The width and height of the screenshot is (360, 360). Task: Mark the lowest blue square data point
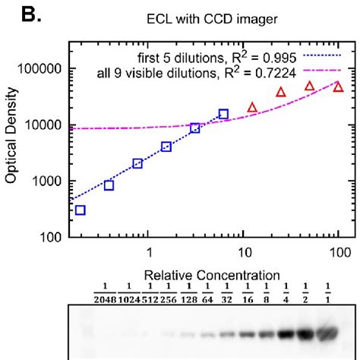[81, 210]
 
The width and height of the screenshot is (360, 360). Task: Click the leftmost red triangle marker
[252, 108]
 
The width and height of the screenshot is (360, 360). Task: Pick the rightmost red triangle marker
[338, 88]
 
